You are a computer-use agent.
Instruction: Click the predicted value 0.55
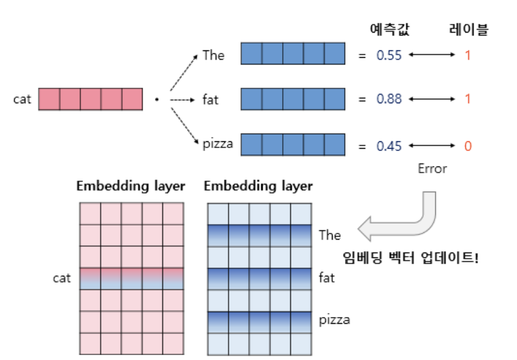[x=389, y=56]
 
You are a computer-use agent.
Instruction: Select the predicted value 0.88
[x=389, y=99]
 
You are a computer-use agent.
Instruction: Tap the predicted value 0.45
[x=389, y=146]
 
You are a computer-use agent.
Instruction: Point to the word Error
[x=432, y=168]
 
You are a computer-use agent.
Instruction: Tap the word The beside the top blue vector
[x=213, y=55]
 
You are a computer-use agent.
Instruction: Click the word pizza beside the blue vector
[x=218, y=145]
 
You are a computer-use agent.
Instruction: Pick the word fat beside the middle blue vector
[x=211, y=99]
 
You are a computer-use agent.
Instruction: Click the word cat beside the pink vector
[x=22, y=99]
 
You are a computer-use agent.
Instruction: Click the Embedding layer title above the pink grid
[x=130, y=186]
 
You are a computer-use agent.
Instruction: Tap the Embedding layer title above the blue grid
[x=258, y=186]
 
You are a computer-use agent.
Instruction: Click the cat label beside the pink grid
[x=61, y=278]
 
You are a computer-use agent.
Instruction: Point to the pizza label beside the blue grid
[x=334, y=320]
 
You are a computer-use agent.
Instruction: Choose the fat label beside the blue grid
[x=326, y=278]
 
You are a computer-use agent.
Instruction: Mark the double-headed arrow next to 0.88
[x=430, y=99]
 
